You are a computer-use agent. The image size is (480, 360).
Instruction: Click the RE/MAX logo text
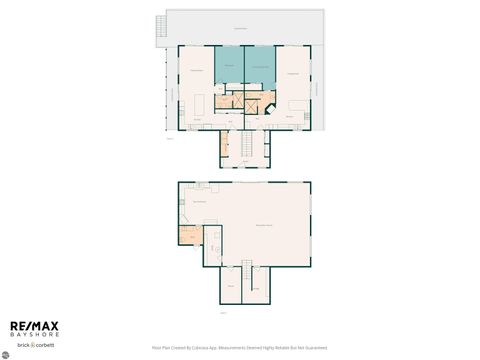35,326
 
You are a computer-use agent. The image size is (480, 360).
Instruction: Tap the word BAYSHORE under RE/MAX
35,334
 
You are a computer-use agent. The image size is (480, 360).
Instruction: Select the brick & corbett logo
34,344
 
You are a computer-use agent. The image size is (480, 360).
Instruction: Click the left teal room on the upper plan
229,65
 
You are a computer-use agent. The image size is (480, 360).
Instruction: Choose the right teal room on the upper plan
260,65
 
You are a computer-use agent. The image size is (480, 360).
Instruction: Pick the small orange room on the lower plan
190,236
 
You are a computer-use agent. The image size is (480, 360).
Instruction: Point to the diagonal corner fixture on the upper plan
269,107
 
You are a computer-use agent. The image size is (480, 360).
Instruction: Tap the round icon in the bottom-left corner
5,355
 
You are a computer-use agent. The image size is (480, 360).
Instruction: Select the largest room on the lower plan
262,225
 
